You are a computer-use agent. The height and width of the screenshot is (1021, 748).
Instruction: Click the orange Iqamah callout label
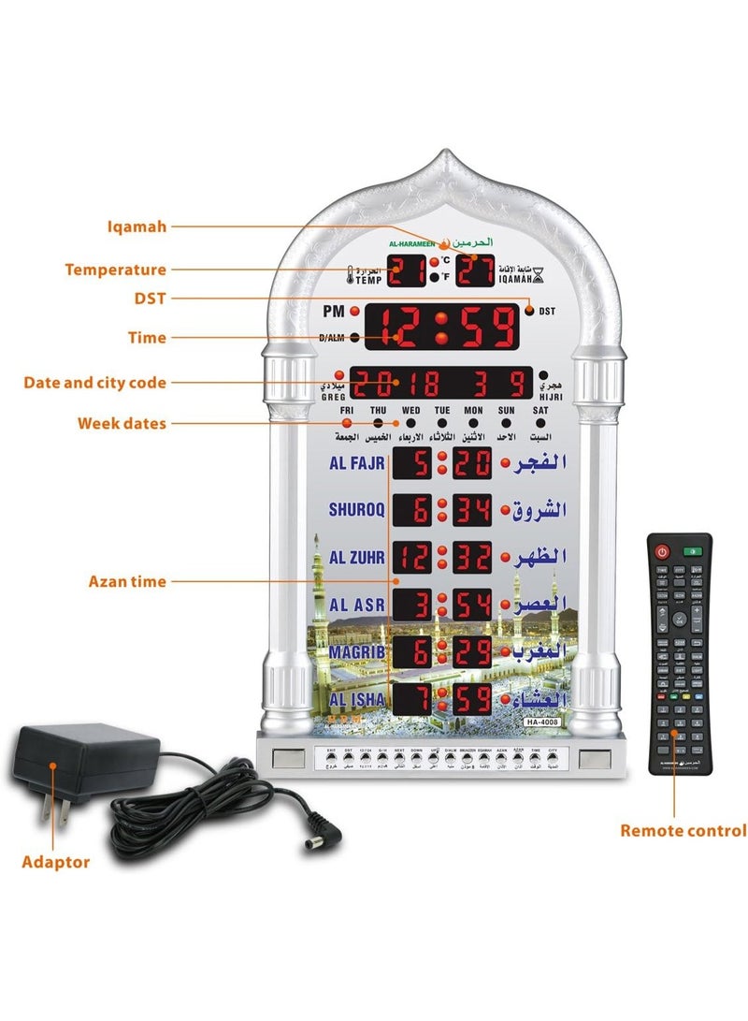click(136, 226)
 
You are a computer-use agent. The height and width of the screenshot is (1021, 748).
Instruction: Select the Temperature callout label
click(115, 270)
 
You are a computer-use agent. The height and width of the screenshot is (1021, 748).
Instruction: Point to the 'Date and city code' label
click(94, 382)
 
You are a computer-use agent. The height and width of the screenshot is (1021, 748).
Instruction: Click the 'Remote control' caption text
click(683, 830)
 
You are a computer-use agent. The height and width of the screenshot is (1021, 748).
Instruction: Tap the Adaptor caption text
click(55, 862)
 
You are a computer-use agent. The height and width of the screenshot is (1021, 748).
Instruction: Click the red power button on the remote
click(663, 551)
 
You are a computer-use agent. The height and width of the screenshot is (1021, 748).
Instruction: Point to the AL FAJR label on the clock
click(350, 463)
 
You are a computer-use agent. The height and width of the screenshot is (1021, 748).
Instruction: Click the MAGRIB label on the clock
click(352, 650)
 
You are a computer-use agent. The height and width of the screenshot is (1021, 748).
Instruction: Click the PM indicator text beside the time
click(334, 310)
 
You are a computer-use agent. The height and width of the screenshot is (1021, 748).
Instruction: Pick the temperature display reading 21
click(409, 270)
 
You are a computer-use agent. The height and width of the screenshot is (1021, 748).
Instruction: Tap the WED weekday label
click(411, 410)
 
